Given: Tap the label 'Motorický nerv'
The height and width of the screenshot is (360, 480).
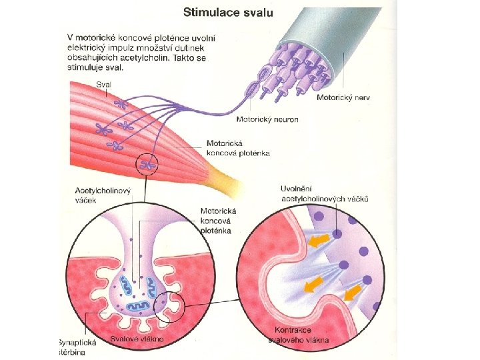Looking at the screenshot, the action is point(343,97).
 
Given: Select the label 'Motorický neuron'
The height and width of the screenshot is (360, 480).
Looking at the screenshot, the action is point(267,120).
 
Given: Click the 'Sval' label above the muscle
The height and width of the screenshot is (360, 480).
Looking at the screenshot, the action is point(103,84).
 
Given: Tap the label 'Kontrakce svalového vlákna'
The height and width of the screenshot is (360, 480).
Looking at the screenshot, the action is point(301,335).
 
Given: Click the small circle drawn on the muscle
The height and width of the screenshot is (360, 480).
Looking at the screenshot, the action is point(148,163).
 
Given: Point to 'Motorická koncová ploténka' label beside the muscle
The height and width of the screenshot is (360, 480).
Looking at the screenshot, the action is point(238,148).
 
